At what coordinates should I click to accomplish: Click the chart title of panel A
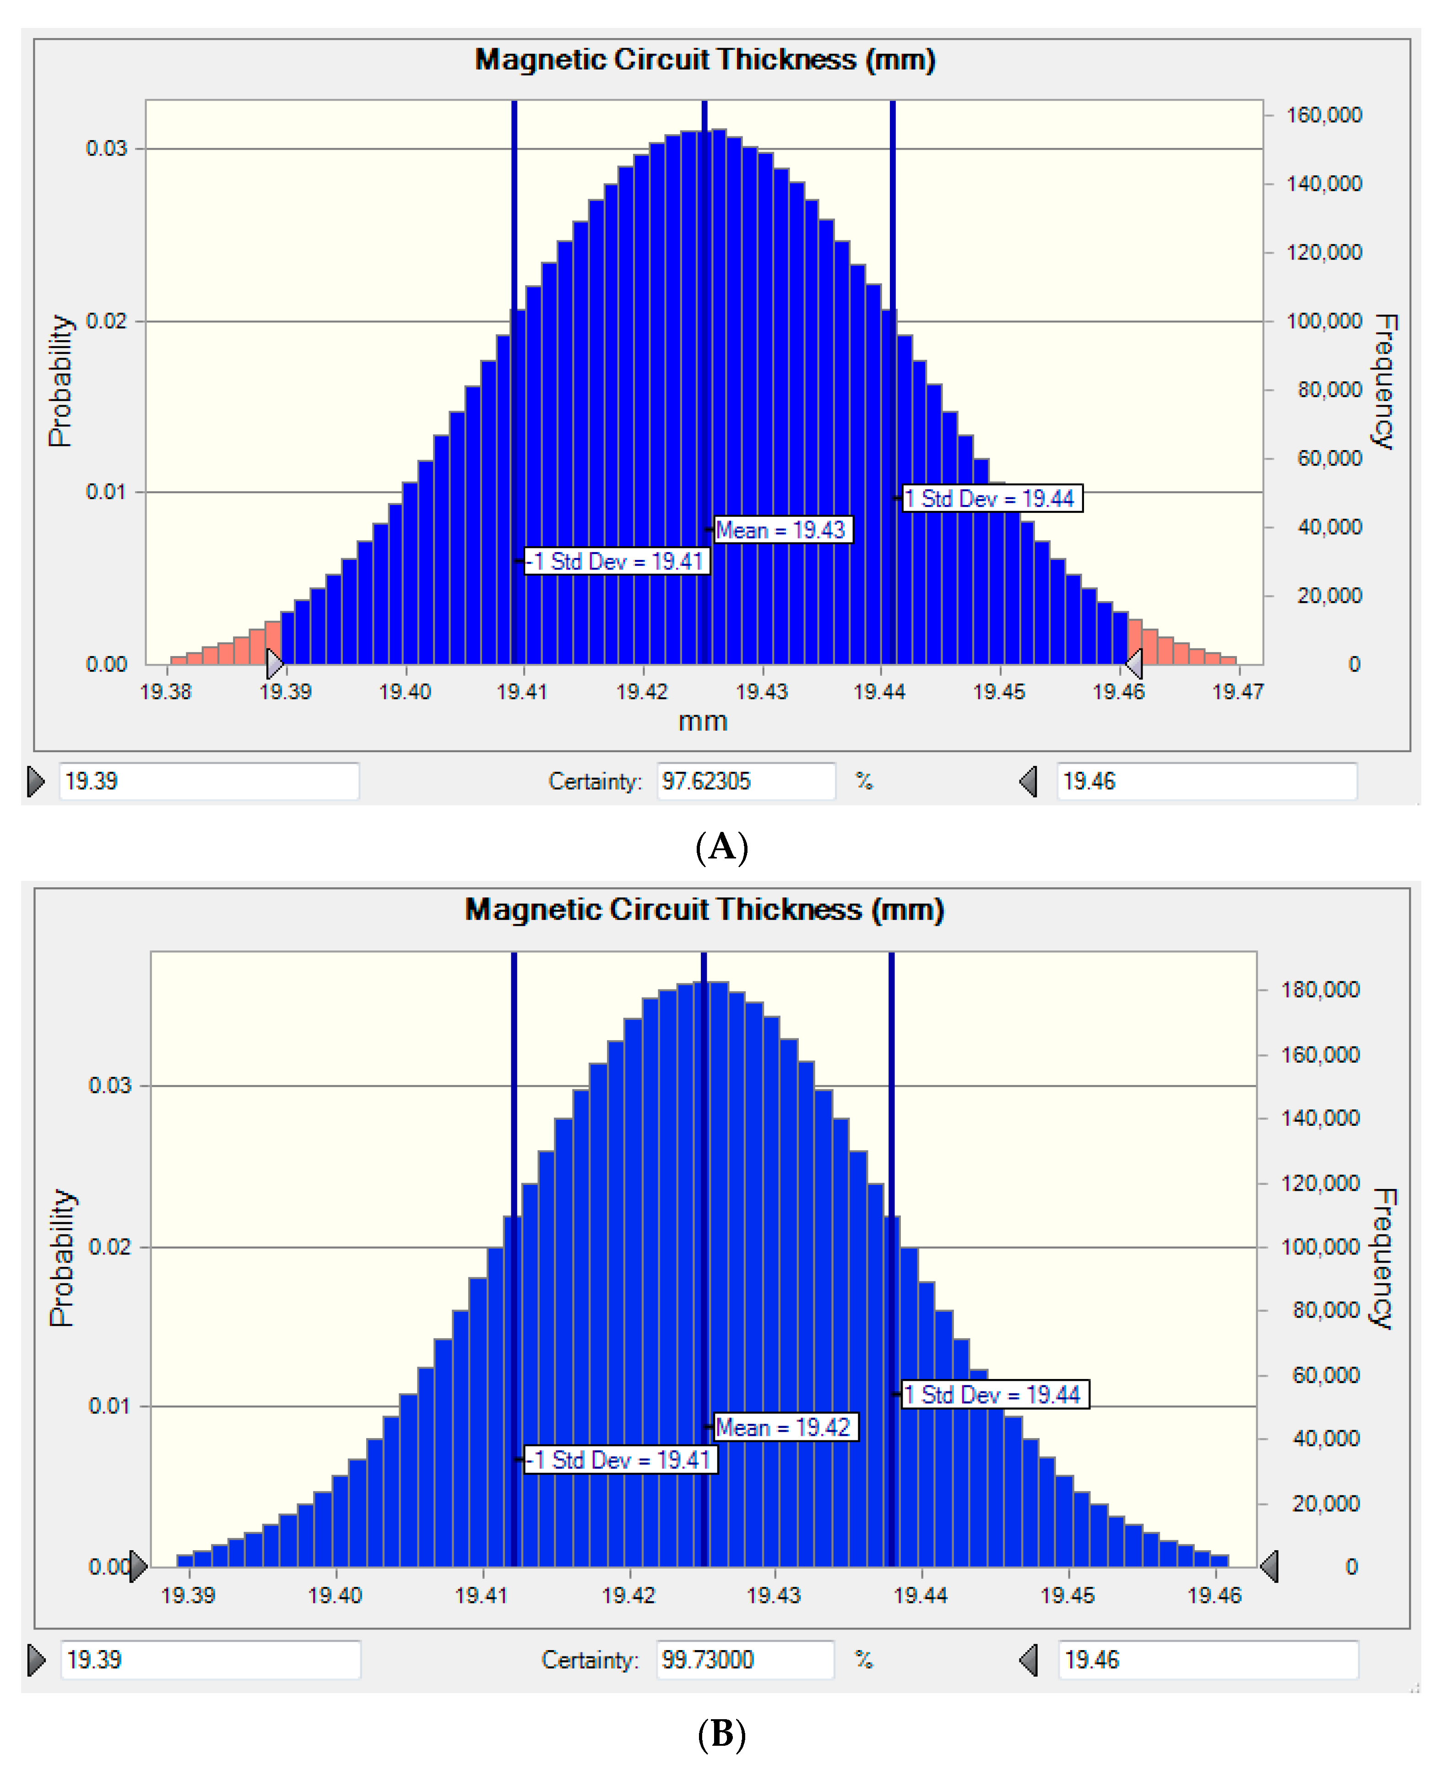click(x=705, y=60)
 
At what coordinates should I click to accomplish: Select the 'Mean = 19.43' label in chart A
click(x=780, y=530)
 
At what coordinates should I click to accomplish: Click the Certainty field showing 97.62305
click(x=745, y=782)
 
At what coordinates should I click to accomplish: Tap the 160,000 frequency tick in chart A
click(x=1323, y=114)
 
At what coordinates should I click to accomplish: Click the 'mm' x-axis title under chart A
click(x=703, y=721)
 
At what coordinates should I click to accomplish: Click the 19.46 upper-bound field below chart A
click(x=1206, y=782)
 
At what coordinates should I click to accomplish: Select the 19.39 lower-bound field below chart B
click(x=210, y=1660)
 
